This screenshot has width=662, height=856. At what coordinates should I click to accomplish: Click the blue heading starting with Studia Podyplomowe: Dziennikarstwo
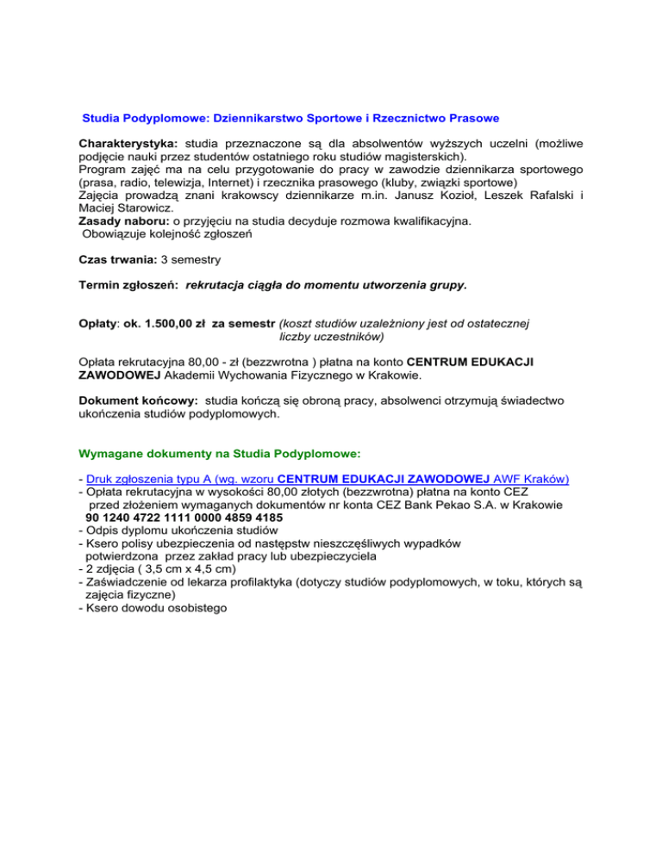[290, 116]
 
